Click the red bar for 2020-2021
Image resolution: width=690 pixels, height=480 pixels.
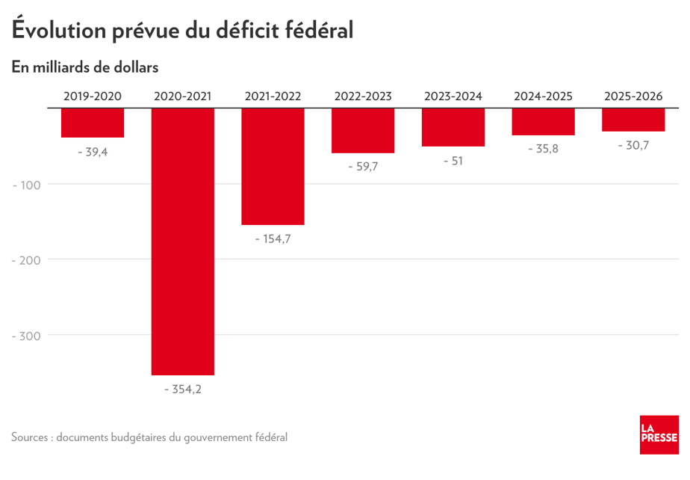point(183,241)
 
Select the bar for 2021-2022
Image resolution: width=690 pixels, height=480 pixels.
point(273,166)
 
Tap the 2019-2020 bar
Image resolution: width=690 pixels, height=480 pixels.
point(93,123)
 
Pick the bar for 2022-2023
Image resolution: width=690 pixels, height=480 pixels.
point(363,131)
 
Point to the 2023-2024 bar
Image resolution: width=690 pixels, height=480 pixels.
point(453,127)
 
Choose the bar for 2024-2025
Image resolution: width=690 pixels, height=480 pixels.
point(543,122)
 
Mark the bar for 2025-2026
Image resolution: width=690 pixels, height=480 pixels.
point(633,120)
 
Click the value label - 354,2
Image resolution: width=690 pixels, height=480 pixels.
point(183,390)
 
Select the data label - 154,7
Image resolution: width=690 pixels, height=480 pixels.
point(273,239)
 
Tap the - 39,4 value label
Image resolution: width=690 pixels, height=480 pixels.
point(93,153)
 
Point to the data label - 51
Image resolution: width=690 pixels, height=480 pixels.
point(453,161)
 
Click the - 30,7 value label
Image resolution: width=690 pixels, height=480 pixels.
point(633,146)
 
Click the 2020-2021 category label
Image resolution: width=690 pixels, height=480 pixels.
point(183,96)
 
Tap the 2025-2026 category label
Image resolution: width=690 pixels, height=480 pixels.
point(633,96)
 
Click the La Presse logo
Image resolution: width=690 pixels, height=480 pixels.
point(659,434)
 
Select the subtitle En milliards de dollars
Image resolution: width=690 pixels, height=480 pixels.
point(85,67)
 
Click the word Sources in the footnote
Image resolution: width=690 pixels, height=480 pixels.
point(31,437)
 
